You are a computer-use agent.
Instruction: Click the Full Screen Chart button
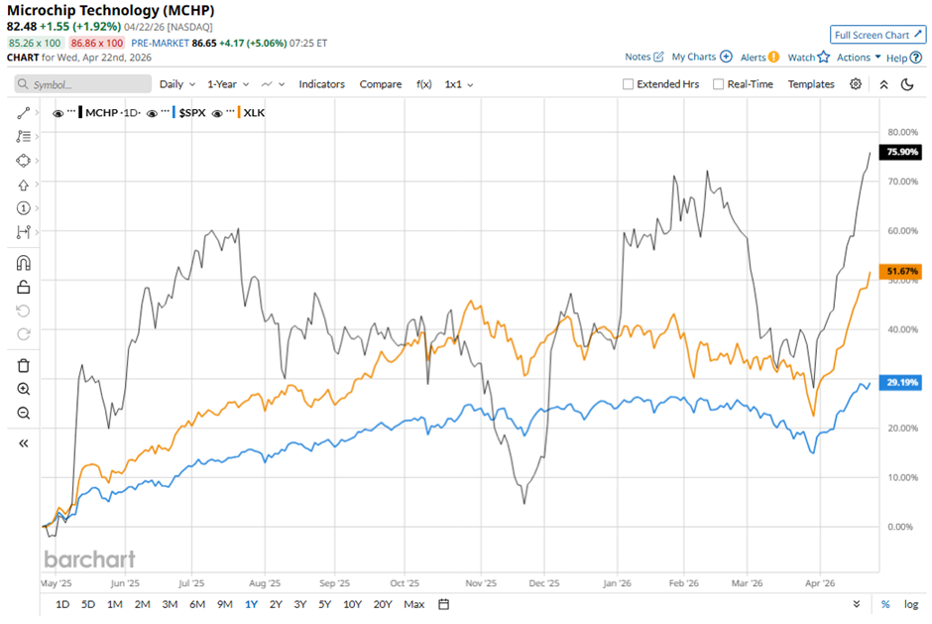click(877, 35)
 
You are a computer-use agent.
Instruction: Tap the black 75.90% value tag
click(902, 152)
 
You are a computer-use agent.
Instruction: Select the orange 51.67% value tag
click(902, 271)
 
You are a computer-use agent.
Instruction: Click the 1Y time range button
click(251, 604)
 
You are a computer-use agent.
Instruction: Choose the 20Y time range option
click(383, 604)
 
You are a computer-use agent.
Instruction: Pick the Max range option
click(414, 604)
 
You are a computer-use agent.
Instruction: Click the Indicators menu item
click(321, 84)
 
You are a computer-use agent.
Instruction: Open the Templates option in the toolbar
click(811, 84)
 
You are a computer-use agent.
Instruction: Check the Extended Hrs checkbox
click(628, 84)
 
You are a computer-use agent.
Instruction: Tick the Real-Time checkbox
click(719, 84)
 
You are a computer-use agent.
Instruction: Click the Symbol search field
click(83, 84)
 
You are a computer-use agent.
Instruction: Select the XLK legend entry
click(253, 113)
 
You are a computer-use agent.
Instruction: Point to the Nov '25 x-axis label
click(481, 584)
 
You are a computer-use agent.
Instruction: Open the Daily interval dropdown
click(175, 84)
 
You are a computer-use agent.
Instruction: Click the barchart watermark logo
click(89, 559)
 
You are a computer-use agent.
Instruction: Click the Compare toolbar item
click(381, 84)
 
